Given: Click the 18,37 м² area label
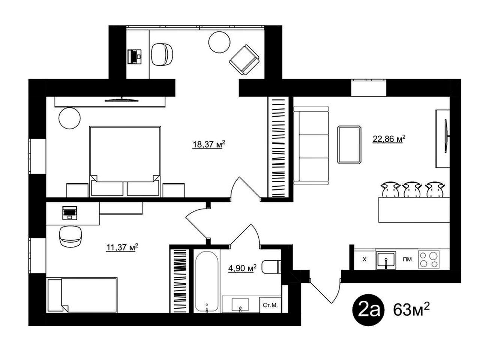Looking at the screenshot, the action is pyautogui.click(x=208, y=144).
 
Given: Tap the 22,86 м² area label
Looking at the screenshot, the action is pyautogui.click(x=389, y=139).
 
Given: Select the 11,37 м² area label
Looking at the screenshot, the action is pyautogui.click(x=122, y=247).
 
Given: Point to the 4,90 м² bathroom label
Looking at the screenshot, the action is pyautogui.click(x=242, y=268).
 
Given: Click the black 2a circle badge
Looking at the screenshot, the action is pyautogui.click(x=369, y=310).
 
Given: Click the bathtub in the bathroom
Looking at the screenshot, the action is pyautogui.click(x=207, y=281).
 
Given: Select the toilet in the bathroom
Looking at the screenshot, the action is pyautogui.click(x=271, y=267).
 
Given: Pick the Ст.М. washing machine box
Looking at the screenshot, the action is pyautogui.click(x=270, y=305).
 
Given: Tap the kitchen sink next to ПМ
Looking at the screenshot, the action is pyautogui.click(x=386, y=260).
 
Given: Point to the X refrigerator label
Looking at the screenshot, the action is pyautogui.click(x=364, y=259).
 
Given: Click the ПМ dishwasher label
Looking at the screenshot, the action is pyautogui.click(x=407, y=259).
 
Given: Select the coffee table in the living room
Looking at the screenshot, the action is pyautogui.click(x=349, y=144).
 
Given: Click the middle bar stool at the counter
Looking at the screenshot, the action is pyautogui.click(x=412, y=190).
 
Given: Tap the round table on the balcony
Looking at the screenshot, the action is pyautogui.click(x=219, y=42).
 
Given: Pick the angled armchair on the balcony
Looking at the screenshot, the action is pyautogui.click(x=244, y=60).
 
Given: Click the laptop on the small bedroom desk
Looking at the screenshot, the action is pyautogui.click(x=69, y=213).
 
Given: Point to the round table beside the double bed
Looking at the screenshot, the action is pyautogui.click(x=69, y=118).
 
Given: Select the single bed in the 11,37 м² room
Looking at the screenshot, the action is pyautogui.click(x=82, y=295).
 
